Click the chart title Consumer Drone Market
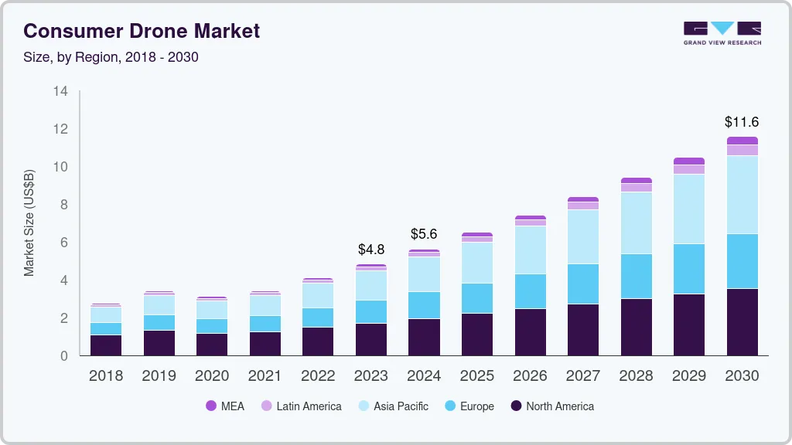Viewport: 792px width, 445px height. [x=142, y=31]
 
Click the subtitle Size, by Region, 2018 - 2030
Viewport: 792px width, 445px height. [x=111, y=57]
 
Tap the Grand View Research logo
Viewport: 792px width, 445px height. [x=722, y=33]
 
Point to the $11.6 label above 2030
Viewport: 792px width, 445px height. [x=742, y=122]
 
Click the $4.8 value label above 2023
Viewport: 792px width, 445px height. [x=371, y=250]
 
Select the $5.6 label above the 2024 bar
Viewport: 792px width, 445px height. [x=424, y=234]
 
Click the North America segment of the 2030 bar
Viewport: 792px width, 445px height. [x=742, y=321]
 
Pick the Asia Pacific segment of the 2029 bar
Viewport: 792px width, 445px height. [x=689, y=209]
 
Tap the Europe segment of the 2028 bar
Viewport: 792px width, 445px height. [x=636, y=276]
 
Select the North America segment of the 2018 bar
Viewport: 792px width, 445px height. [x=106, y=345]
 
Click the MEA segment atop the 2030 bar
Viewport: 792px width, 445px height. [x=742, y=141]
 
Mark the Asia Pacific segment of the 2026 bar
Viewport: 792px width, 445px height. [x=530, y=250]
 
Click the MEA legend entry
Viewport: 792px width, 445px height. [x=225, y=406]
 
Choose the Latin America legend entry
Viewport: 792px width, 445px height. [x=301, y=406]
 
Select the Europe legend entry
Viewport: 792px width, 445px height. [x=469, y=406]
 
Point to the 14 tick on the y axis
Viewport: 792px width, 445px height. [x=60, y=91]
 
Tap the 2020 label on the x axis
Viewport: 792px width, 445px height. [x=212, y=375]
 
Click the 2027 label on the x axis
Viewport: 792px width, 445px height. [x=582, y=375]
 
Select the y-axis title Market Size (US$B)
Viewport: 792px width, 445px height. [x=29, y=222]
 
